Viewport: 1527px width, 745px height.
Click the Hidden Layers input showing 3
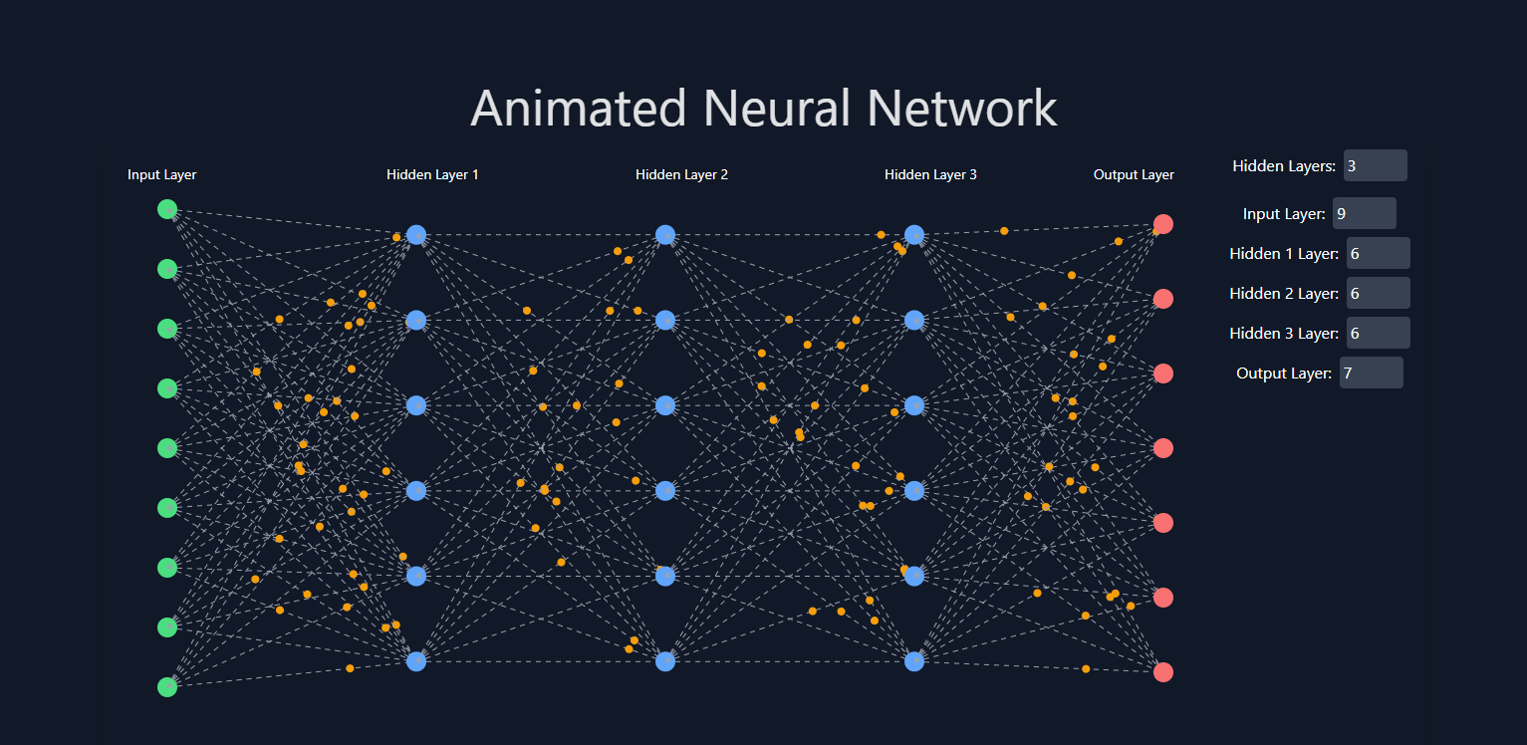[x=1375, y=165]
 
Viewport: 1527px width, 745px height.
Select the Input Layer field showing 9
[x=1364, y=213]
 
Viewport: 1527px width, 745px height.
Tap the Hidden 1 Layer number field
[x=1378, y=253]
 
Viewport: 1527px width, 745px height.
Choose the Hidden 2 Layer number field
[x=1378, y=293]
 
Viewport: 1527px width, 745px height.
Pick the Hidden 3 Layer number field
[x=1378, y=333]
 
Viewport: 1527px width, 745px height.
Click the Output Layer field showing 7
[x=1371, y=372]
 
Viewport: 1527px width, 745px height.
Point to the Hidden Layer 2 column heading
[x=681, y=175]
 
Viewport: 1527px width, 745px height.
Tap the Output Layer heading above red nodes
[x=1134, y=175]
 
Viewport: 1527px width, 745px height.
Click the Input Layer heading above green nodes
[x=162, y=175]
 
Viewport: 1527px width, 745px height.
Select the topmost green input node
[x=167, y=209]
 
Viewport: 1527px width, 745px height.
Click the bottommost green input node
[x=167, y=687]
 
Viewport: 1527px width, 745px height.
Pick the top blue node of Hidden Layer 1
[x=416, y=235]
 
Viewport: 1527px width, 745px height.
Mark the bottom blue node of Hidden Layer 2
[x=665, y=660]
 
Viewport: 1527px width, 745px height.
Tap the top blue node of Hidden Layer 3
[x=914, y=235]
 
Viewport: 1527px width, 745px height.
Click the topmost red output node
[x=1162, y=224]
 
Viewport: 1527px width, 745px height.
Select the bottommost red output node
[x=1162, y=672]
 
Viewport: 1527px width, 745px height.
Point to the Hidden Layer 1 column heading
[x=432, y=175]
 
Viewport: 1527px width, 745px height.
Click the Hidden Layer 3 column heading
[x=930, y=175]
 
